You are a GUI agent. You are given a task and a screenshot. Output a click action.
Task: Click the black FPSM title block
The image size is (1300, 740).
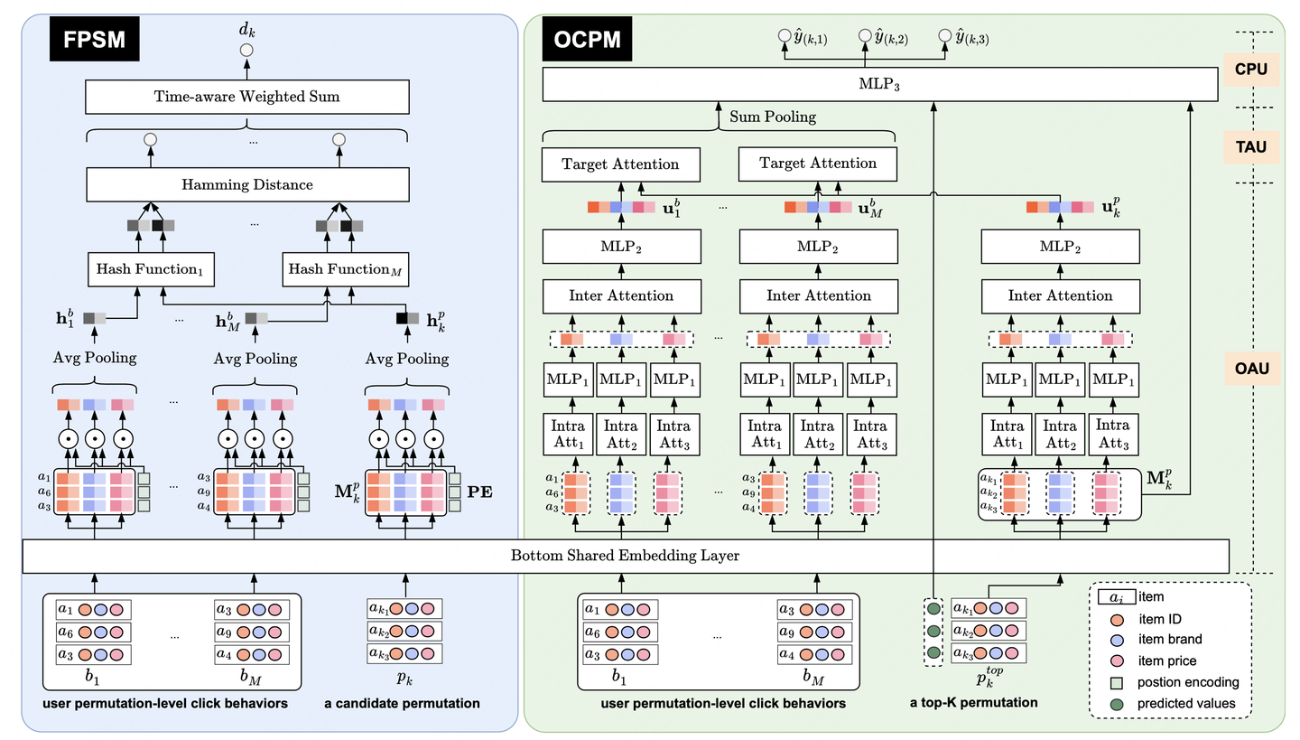pyautogui.click(x=95, y=39)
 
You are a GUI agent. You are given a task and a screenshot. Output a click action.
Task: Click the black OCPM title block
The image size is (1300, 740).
pyautogui.click(x=587, y=39)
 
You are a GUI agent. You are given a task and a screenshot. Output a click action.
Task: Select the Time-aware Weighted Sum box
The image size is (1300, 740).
pyautogui.click(x=247, y=97)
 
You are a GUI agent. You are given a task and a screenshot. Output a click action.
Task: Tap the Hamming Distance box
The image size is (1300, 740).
pyautogui.click(x=247, y=184)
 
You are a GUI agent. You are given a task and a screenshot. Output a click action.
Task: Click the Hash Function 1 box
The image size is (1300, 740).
pyautogui.click(x=151, y=269)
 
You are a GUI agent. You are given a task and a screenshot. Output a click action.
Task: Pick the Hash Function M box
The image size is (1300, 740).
pyautogui.click(x=345, y=269)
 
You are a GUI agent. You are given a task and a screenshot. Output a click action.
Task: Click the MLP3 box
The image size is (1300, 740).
pyautogui.click(x=880, y=84)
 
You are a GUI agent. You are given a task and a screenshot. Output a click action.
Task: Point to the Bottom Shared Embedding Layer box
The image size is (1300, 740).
pyautogui.click(x=626, y=556)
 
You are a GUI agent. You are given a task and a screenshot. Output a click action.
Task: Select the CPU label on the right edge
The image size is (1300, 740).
pyautogui.click(x=1251, y=69)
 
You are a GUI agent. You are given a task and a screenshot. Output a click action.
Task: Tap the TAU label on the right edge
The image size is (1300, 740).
pyautogui.click(x=1251, y=146)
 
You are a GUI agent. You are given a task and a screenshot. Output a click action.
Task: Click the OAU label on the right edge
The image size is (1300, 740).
pyautogui.click(x=1252, y=369)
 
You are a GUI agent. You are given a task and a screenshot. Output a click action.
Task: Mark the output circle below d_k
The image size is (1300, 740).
pyautogui.click(x=246, y=51)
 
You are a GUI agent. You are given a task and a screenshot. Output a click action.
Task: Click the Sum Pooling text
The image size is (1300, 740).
pyautogui.click(x=773, y=117)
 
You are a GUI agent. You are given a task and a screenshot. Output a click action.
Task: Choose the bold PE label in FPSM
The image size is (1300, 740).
pyautogui.click(x=480, y=492)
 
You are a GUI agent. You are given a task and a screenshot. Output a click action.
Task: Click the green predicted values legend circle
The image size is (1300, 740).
pyautogui.click(x=1116, y=705)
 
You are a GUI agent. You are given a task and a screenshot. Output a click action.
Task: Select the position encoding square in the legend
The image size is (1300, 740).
pyautogui.click(x=1116, y=683)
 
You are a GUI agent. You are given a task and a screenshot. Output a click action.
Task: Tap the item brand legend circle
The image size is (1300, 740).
pyautogui.click(x=1117, y=640)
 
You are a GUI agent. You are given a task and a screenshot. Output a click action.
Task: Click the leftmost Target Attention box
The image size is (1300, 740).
pyautogui.click(x=621, y=164)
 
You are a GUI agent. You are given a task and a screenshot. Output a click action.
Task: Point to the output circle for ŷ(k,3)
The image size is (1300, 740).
pyautogui.click(x=945, y=36)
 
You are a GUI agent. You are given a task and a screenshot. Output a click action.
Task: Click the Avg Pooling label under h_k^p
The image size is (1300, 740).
pyautogui.click(x=407, y=359)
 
